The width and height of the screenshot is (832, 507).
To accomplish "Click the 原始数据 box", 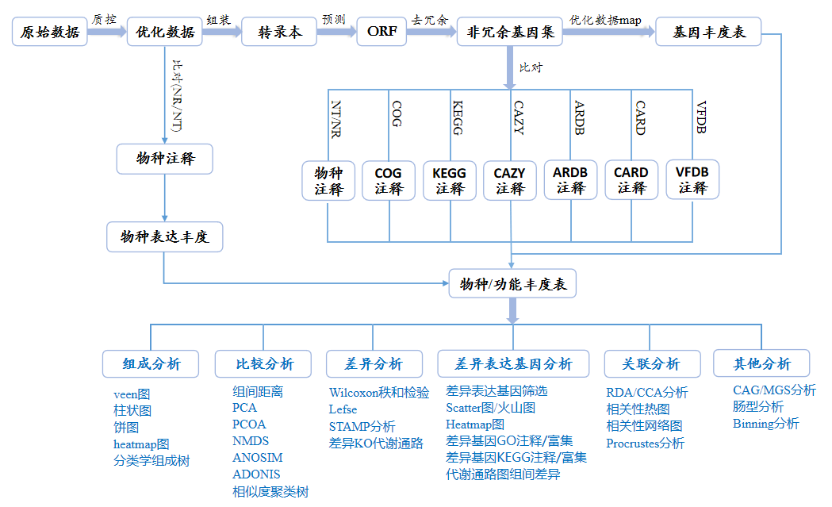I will pyautogui.click(x=50, y=33).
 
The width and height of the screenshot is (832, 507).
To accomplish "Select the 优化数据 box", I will pyautogui.click(x=165, y=33).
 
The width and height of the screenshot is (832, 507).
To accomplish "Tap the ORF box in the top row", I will pyautogui.click(x=381, y=33).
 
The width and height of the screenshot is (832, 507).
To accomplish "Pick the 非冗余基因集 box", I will pyautogui.click(x=510, y=33).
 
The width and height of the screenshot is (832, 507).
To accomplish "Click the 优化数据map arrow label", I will pyautogui.click(x=604, y=18).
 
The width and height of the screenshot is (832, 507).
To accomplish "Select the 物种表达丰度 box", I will pyautogui.click(x=164, y=236).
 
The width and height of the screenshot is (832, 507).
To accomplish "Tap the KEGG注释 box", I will pyautogui.click(x=450, y=181).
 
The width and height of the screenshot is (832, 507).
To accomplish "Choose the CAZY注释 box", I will pyautogui.click(x=510, y=181).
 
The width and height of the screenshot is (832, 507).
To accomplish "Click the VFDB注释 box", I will pyautogui.click(x=692, y=180).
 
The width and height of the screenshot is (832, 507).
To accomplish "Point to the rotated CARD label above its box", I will pyautogui.click(x=639, y=117).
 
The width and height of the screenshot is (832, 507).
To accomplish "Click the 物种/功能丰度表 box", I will pyautogui.click(x=512, y=284).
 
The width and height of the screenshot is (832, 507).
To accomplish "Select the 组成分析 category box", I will pyautogui.click(x=151, y=363).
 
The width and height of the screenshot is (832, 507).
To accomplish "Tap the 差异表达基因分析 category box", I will pyautogui.click(x=512, y=363).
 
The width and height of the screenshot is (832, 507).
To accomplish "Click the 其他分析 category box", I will pyautogui.click(x=761, y=363).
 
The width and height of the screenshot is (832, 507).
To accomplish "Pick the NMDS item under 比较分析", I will pyautogui.click(x=251, y=441).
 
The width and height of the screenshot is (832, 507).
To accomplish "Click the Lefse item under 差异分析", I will pyautogui.click(x=343, y=409).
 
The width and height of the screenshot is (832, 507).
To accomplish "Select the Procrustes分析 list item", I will pyautogui.click(x=645, y=444).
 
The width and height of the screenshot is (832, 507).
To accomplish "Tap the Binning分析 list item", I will pyautogui.click(x=766, y=424).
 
